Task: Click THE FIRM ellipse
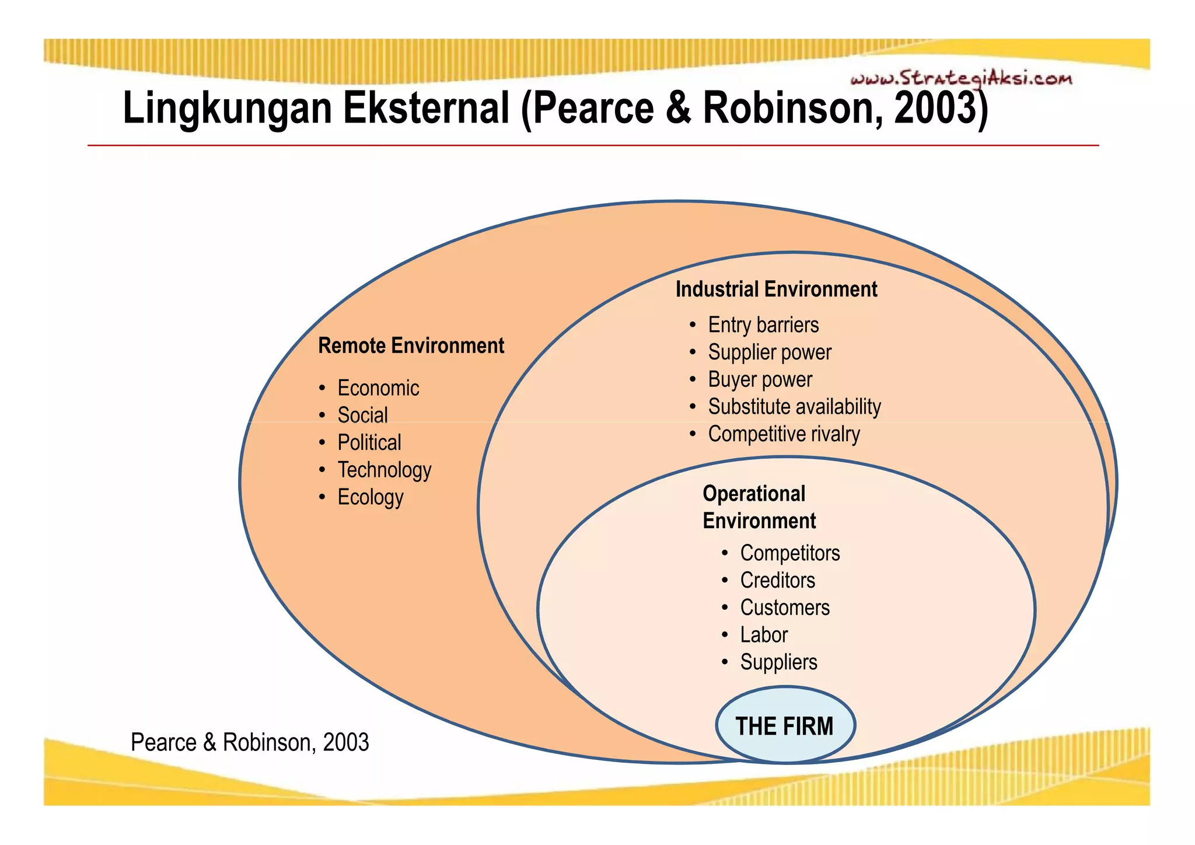(x=785, y=725)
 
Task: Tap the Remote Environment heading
(x=411, y=345)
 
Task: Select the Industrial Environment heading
(x=776, y=289)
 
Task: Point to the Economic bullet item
(x=378, y=388)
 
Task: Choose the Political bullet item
(x=369, y=442)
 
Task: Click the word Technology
(x=385, y=470)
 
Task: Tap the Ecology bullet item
(x=371, y=497)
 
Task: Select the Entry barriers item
(x=763, y=325)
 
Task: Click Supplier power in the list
(x=770, y=352)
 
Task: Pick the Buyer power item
(x=760, y=380)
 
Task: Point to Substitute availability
(x=794, y=407)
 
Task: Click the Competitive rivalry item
(x=784, y=434)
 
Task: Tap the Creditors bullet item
(x=778, y=581)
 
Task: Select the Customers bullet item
(x=785, y=608)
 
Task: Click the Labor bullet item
(x=764, y=635)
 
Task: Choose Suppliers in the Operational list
(x=778, y=662)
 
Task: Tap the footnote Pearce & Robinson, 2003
(x=250, y=742)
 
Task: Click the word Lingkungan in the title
(x=227, y=109)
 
